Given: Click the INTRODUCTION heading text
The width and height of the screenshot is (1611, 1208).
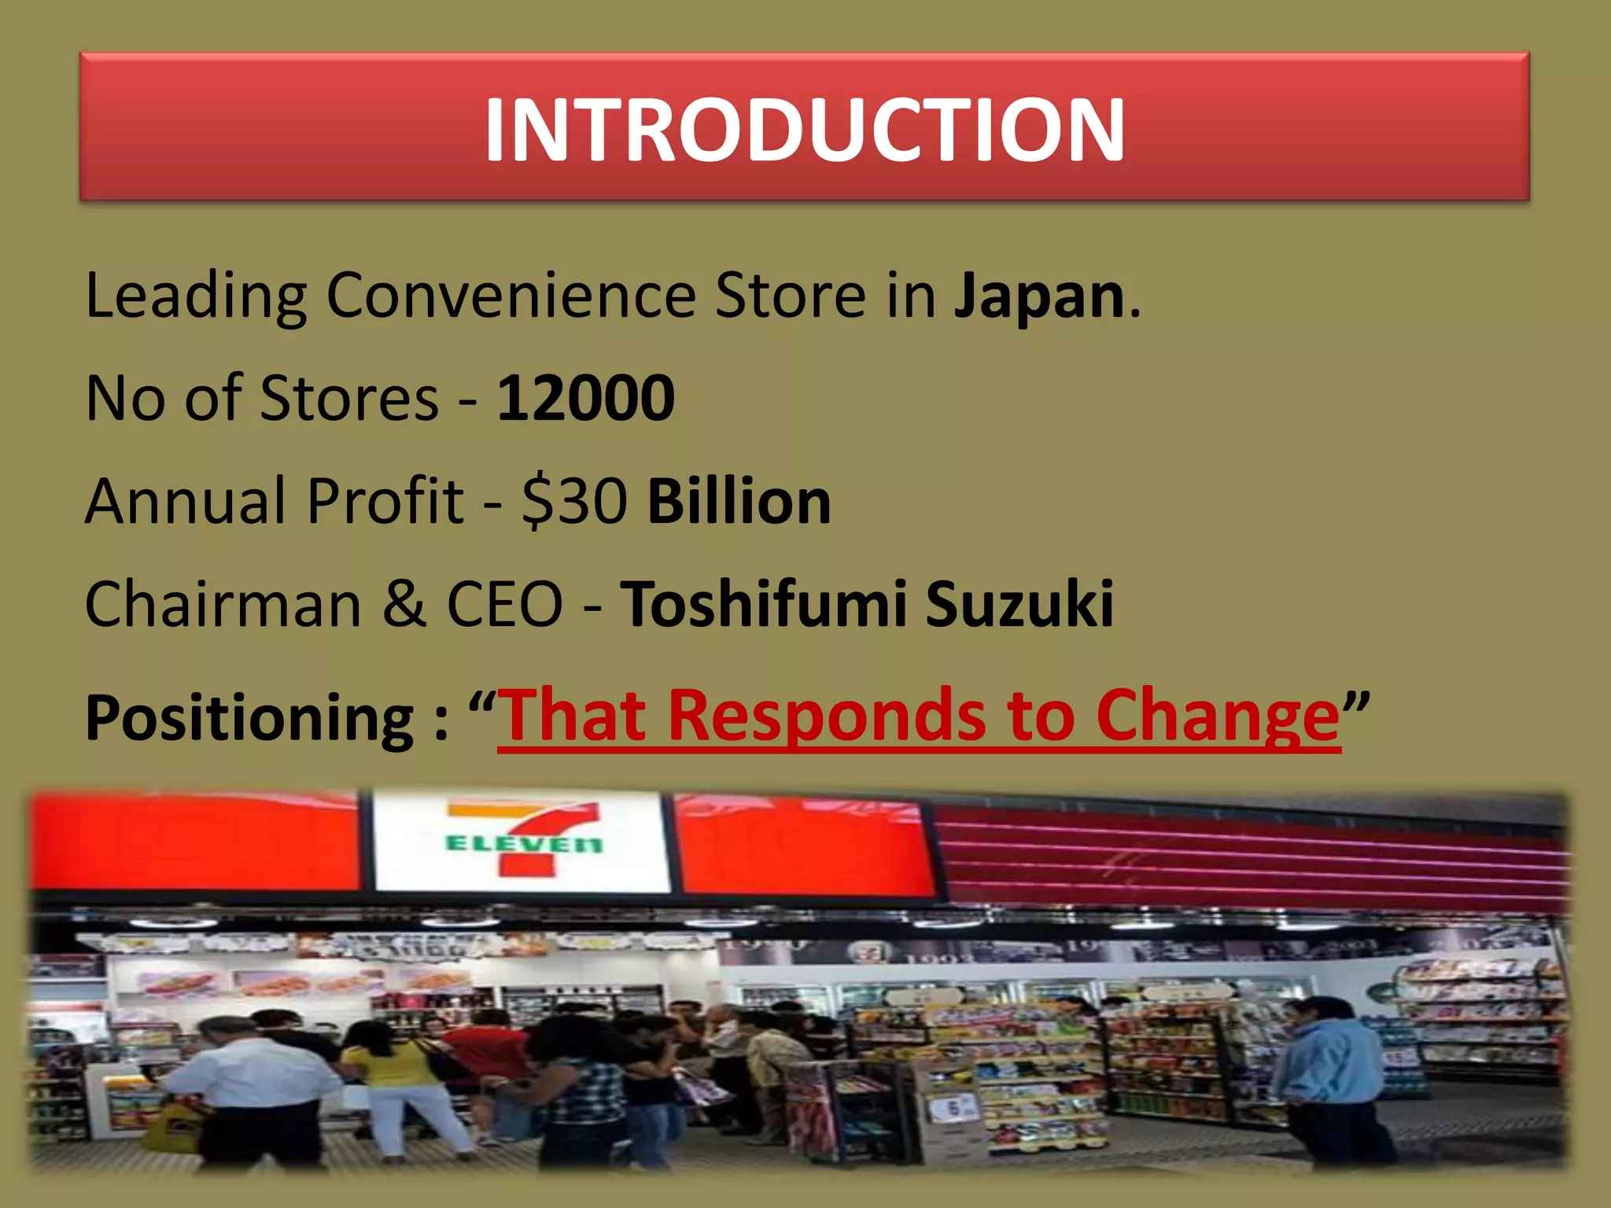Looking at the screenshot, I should click(804, 130).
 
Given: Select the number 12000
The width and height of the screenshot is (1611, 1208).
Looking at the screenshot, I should click(586, 398).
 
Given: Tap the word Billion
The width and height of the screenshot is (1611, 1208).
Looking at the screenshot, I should click(739, 501).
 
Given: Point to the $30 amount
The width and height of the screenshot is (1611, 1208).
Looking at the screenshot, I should click(575, 501).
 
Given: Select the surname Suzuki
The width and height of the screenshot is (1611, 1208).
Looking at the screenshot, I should click(1019, 604).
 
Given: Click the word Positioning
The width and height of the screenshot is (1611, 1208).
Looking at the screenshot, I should click(250, 717).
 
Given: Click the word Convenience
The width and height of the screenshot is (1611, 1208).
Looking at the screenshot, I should click(511, 296).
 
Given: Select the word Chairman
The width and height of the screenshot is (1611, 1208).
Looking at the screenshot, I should click(223, 604).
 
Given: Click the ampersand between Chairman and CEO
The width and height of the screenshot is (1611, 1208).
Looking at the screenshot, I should click(404, 604).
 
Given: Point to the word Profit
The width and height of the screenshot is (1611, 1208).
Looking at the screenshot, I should click(385, 501).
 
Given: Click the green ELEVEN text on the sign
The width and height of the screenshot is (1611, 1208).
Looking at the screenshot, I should click(523, 845).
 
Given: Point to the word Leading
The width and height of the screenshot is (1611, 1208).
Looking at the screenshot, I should click(196, 296).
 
